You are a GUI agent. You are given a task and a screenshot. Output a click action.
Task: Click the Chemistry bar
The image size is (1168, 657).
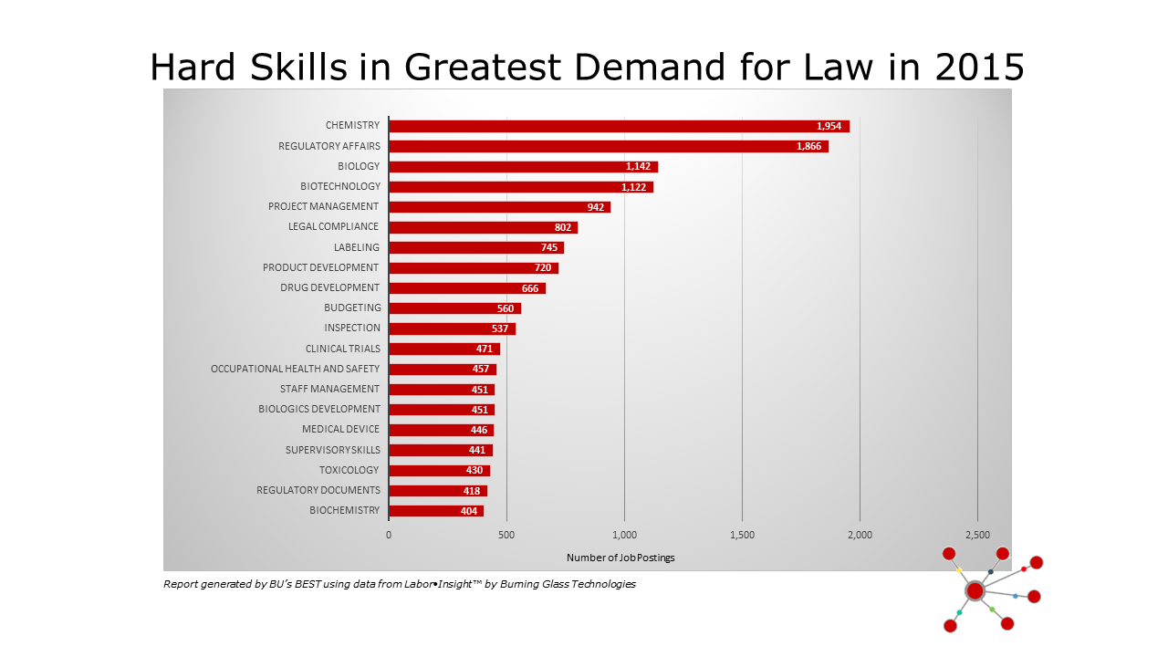click(619, 126)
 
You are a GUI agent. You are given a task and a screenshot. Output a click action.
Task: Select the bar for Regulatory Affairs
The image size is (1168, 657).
click(609, 146)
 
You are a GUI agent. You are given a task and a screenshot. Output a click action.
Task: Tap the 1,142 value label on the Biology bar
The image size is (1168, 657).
click(641, 166)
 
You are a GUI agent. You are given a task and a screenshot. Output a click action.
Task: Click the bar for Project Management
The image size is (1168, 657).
click(499, 207)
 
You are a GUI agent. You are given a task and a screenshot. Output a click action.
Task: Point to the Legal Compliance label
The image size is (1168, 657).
click(333, 226)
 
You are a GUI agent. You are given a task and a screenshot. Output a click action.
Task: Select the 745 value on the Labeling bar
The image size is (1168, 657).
click(549, 247)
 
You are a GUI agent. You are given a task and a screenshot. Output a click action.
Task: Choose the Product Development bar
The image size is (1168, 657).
click(474, 267)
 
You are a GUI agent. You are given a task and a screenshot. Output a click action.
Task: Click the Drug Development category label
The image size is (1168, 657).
click(329, 287)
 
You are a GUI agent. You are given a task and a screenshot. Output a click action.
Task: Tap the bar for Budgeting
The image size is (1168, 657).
click(454, 308)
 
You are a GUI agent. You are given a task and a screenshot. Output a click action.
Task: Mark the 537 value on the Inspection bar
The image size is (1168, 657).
click(500, 328)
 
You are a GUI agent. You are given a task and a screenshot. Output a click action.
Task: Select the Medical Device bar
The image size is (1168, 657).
click(441, 430)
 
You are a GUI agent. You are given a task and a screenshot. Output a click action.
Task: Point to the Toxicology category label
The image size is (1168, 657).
click(349, 470)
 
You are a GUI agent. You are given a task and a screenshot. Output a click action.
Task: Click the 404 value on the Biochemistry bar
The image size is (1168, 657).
click(469, 511)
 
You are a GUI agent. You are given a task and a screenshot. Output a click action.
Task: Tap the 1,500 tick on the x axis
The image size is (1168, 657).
click(742, 535)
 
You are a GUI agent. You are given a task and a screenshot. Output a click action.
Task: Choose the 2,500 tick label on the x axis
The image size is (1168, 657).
click(977, 535)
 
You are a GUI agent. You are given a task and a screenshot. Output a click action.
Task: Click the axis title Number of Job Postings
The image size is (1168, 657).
click(620, 558)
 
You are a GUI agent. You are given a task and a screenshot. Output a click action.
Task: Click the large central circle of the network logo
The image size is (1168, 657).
click(975, 590)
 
